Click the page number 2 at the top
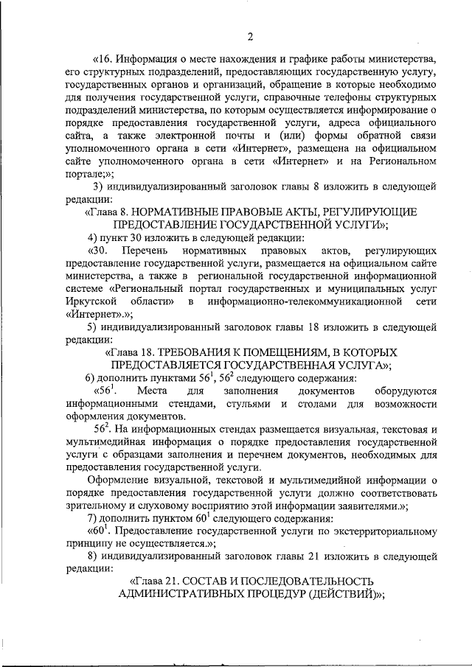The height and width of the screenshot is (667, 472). [x=250, y=38]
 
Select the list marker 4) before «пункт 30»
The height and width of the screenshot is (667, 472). [x=93, y=237]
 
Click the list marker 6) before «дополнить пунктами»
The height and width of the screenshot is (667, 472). [x=93, y=378]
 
